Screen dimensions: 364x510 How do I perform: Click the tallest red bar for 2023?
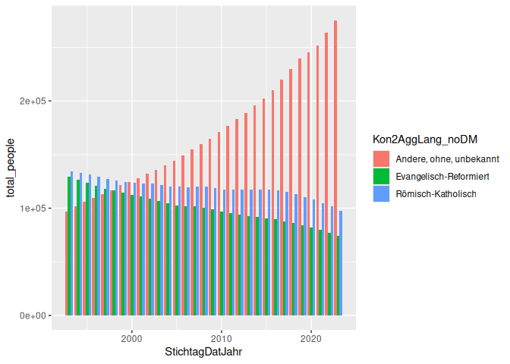pos(335,167)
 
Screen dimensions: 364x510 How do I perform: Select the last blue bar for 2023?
pos(341,262)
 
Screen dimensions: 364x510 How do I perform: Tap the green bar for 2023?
pos(338,275)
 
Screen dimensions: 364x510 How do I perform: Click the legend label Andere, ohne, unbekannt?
pos(447,158)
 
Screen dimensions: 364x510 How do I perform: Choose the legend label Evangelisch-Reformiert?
pos(442,176)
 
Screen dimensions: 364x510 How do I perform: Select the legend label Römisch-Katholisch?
pos(436,193)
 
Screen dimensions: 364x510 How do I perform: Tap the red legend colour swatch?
pos(381,158)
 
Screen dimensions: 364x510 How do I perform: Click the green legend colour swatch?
pos(381,176)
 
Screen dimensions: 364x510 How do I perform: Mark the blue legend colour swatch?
pos(381,193)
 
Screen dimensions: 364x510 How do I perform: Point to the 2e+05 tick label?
pos(33,101)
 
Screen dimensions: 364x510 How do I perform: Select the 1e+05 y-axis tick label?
pos(33,209)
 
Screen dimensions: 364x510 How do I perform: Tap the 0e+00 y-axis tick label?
pos(33,315)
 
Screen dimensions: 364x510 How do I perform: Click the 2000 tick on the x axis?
pos(132,338)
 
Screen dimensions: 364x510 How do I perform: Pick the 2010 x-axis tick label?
pos(222,338)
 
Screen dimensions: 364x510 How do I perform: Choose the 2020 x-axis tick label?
pos(310,338)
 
